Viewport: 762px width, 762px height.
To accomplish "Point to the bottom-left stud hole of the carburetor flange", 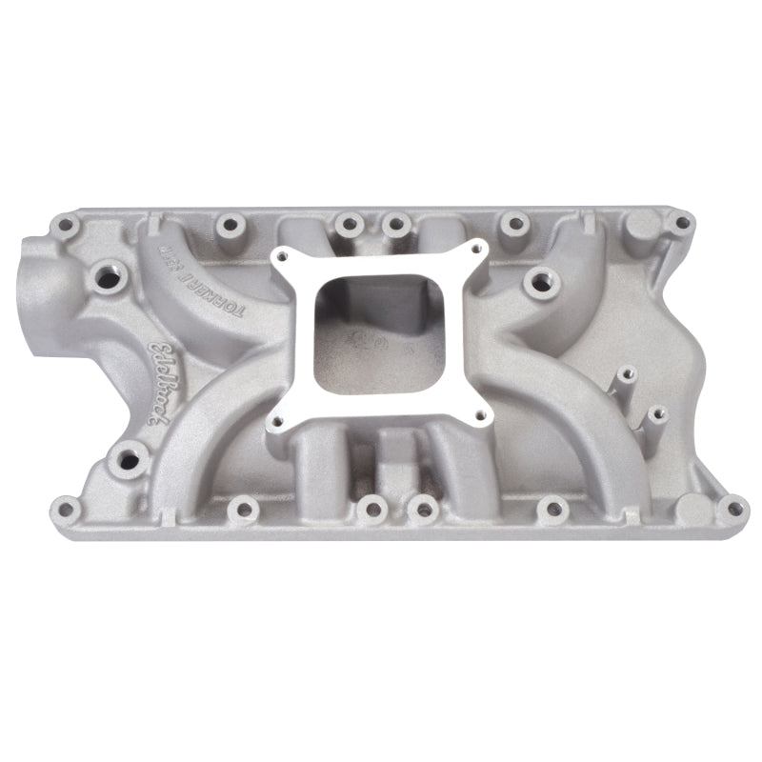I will (279, 419).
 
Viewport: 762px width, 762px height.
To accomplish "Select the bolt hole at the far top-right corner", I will (679, 223).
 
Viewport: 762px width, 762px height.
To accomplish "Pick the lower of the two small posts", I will (654, 411).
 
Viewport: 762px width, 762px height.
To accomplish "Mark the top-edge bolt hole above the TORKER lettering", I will (230, 225).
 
